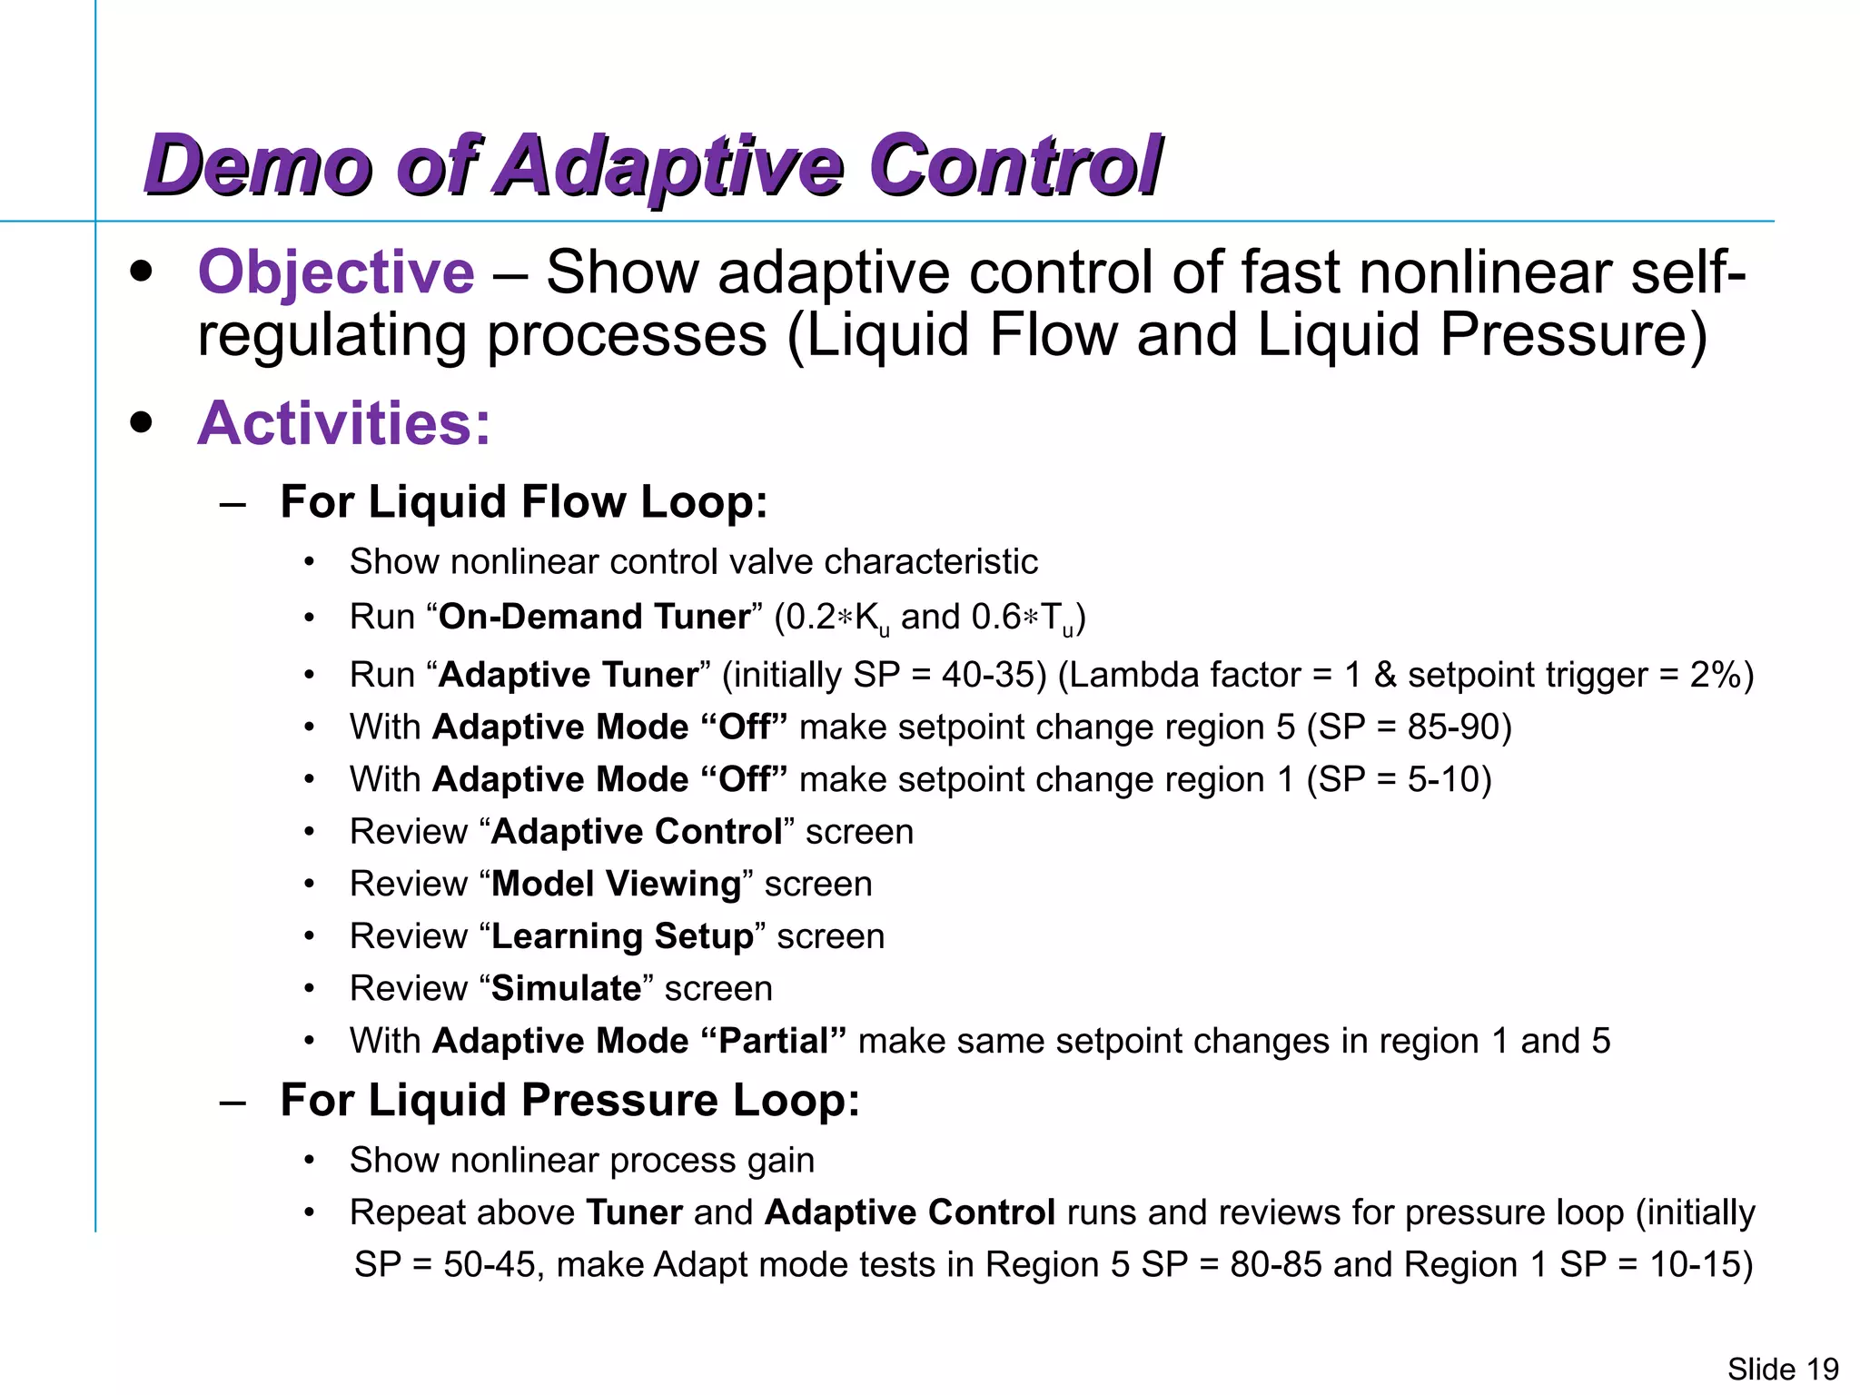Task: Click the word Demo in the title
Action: pyautogui.click(x=259, y=166)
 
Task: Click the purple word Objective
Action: pyautogui.click(x=336, y=272)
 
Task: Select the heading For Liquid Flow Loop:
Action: pyautogui.click(x=524, y=502)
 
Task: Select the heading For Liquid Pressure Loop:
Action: pyautogui.click(x=569, y=1100)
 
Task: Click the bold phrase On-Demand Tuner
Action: pyautogui.click(x=595, y=617)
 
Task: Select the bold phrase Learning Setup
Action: pyautogui.click(x=622, y=936)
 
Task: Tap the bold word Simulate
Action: pyautogui.click(x=567, y=988)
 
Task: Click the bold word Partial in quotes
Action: pyautogui.click(x=774, y=1041)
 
